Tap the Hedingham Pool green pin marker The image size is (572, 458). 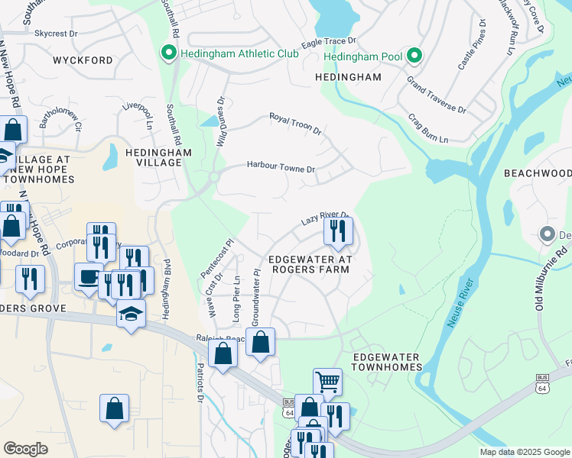(x=414, y=56)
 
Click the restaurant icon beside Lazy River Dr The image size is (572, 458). (x=337, y=230)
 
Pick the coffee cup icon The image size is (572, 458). (x=89, y=276)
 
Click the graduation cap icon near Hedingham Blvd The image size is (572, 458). (x=131, y=313)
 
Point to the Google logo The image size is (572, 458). (x=26, y=449)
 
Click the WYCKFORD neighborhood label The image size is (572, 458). (x=83, y=60)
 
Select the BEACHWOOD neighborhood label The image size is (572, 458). (x=537, y=173)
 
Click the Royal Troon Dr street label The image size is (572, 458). (x=294, y=124)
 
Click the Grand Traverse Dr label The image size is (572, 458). (x=436, y=95)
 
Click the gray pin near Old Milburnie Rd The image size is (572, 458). (x=546, y=233)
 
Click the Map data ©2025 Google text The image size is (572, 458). (x=523, y=452)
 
